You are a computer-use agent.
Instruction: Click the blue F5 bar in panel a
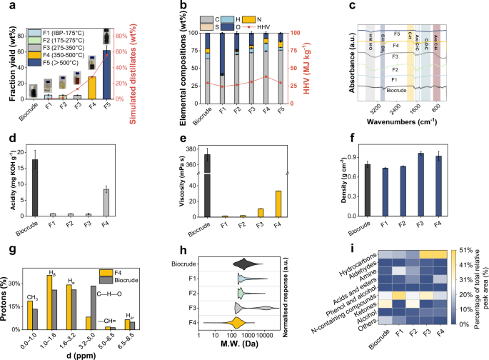[107, 74]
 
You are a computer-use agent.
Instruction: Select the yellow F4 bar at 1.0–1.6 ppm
[48, 303]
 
